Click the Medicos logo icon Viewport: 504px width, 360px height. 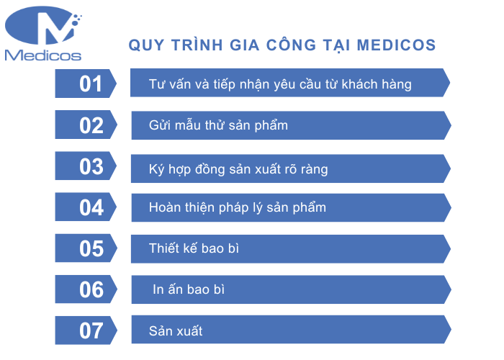(43, 27)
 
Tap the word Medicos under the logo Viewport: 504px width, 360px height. (42, 55)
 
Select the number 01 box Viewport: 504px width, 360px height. (86, 84)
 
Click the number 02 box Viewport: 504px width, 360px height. (86, 125)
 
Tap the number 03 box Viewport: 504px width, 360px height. (86, 166)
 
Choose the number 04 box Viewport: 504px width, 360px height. (86, 207)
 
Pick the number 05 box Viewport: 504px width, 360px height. (86, 248)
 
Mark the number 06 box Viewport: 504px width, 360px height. (86, 289)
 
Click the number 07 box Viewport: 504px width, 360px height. (86, 330)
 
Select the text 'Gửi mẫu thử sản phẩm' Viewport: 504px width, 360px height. (218, 125)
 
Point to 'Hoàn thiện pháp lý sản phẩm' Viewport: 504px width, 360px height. (238, 207)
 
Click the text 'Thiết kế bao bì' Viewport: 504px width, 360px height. (194, 248)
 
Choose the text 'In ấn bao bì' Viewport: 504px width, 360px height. (189, 289)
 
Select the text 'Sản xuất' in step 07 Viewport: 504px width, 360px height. (176, 330)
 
